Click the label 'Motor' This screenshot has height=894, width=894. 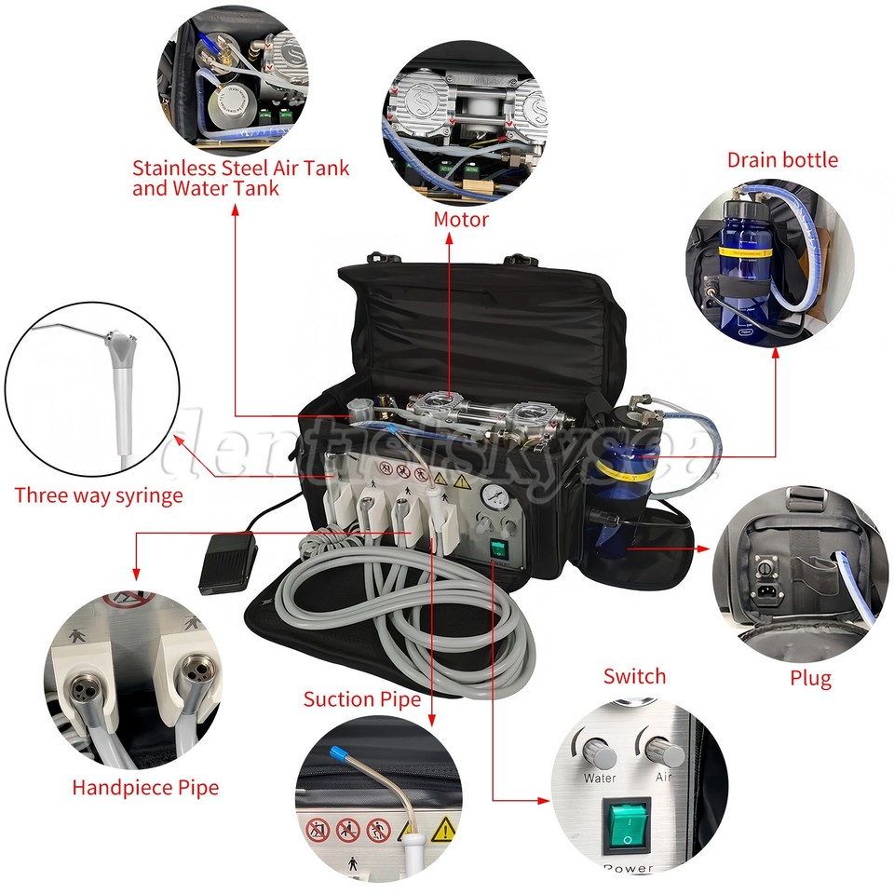pos(460,220)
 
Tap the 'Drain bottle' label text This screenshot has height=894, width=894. pos(782,160)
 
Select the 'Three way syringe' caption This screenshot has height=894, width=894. pos(99,494)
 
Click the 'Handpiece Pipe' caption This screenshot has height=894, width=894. pos(145,787)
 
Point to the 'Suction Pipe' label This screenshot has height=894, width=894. pos(362,698)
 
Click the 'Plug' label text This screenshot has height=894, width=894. pos(809,677)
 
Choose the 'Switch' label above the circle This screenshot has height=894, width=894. pos(634,676)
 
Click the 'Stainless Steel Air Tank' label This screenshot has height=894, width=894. pos(240,169)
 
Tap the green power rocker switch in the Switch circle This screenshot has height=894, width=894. pos(630,823)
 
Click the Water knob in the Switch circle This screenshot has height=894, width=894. pos(596,746)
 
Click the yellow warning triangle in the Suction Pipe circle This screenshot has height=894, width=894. pos(444,828)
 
